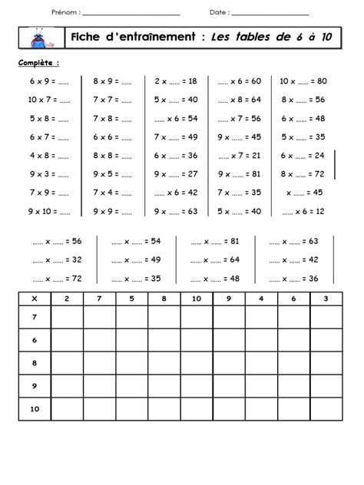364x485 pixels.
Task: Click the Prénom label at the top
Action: pyautogui.click(x=65, y=12)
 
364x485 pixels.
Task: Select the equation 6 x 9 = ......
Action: pyautogui.click(x=48, y=81)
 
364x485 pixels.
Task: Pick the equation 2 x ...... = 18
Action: pyautogui.click(x=176, y=81)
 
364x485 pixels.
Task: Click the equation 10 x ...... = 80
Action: pyautogui.click(x=303, y=81)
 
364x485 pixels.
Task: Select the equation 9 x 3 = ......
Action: pyautogui.click(x=48, y=173)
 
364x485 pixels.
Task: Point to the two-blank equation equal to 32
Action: pyautogui.click(x=57, y=259)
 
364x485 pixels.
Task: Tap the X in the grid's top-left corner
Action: pyautogui.click(x=34, y=298)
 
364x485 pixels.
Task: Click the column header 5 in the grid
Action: pyautogui.click(x=131, y=298)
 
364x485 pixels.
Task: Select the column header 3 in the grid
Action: pyautogui.click(x=326, y=298)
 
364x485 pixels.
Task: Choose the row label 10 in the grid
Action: pyautogui.click(x=34, y=410)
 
